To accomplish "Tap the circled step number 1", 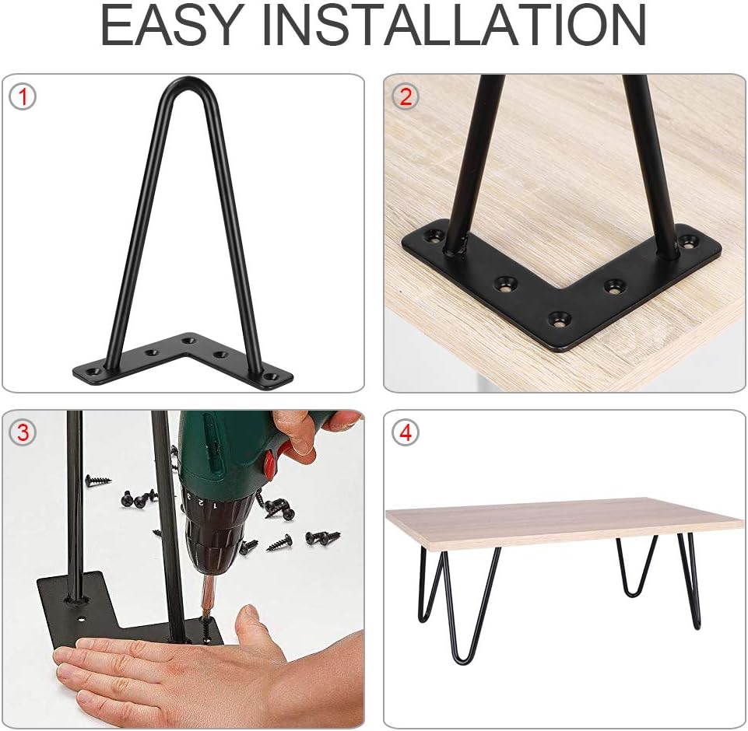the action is [x=23, y=96].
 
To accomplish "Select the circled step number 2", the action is [x=405, y=96].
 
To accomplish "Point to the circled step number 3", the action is [x=23, y=432].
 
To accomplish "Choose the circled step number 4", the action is [x=405, y=432].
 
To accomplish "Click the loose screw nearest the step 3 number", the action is [x=97, y=481].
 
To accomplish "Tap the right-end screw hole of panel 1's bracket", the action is [x=273, y=376].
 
